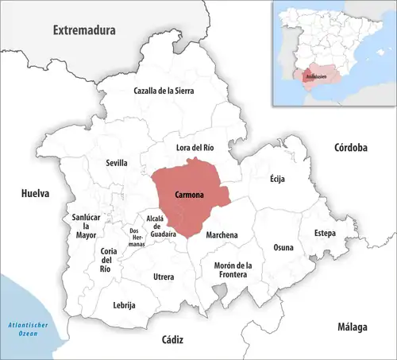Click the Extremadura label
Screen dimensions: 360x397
pos(84,30)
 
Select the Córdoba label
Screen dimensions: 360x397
pos(350,148)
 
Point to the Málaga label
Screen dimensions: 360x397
pos(350,327)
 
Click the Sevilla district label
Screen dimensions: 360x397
pos(117,163)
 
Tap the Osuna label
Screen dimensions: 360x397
pos(283,247)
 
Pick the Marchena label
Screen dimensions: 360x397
pos(222,234)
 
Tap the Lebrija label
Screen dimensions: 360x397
pos(125,305)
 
